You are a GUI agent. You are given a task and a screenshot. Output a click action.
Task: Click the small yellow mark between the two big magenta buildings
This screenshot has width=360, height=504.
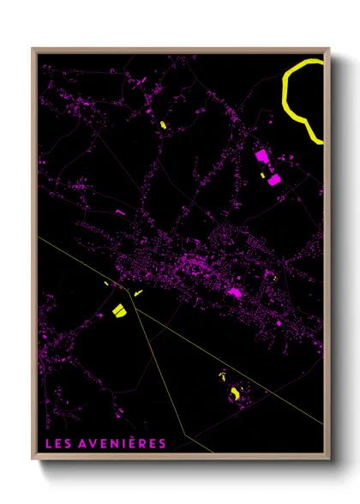(264, 174)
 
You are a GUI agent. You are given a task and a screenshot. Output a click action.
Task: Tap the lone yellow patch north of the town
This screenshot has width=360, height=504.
(161, 126)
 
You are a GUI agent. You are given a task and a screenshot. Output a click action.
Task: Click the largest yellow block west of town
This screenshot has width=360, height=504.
(119, 309)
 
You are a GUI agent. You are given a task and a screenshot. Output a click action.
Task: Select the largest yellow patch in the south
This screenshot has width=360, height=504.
(234, 393)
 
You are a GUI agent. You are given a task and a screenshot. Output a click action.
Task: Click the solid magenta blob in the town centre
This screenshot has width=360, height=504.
(232, 295)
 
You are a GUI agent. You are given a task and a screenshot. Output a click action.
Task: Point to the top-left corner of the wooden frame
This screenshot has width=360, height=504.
(33, 49)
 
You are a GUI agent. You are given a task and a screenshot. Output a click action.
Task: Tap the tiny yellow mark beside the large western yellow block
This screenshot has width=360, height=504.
(138, 293)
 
